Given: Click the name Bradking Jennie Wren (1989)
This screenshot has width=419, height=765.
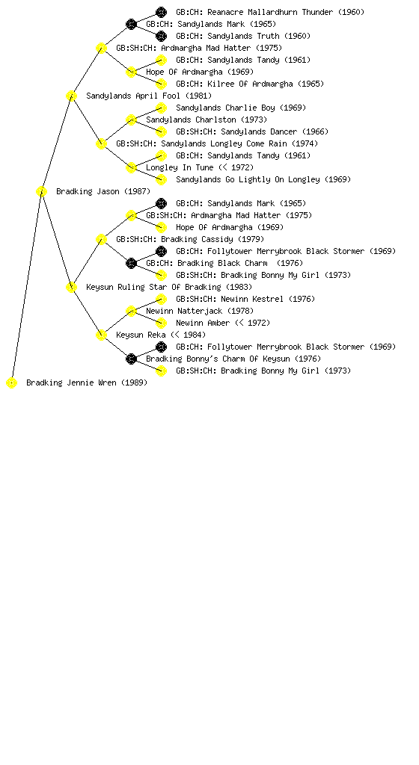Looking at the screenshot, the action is [x=87, y=383].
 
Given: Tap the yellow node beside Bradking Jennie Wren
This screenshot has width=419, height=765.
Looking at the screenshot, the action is [x=12, y=383].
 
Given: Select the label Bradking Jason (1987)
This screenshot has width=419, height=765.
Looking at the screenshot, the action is [x=103, y=192].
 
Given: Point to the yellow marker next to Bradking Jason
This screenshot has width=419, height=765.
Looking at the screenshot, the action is [x=41, y=192].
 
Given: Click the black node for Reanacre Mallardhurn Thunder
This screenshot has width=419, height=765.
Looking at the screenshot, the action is [x=161, y=12].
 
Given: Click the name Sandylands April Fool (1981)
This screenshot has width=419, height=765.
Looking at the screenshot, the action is [x=149, y=96].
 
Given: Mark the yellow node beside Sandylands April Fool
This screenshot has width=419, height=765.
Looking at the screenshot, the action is [x=71, y=96].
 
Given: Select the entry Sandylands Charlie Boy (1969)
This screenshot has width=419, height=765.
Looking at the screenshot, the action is [x=241, y=108].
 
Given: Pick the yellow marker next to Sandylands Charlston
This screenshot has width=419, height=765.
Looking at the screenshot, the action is [x=131, y=120].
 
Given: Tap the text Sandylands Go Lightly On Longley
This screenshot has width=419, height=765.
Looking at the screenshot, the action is [x=248, y=179].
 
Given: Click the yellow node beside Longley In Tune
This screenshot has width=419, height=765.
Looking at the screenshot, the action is [x=131, y=168].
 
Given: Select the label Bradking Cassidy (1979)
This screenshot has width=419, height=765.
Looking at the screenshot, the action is [x=212, y=240].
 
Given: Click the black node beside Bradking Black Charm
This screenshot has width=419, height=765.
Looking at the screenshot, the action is [x=131, y=264].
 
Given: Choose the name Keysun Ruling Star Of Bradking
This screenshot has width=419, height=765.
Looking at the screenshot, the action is [x=153, y=288].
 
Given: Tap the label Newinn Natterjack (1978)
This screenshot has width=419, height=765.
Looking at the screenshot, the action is [x=200, y=312].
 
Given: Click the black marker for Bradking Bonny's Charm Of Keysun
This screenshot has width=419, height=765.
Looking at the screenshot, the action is [x=131, y=359].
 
